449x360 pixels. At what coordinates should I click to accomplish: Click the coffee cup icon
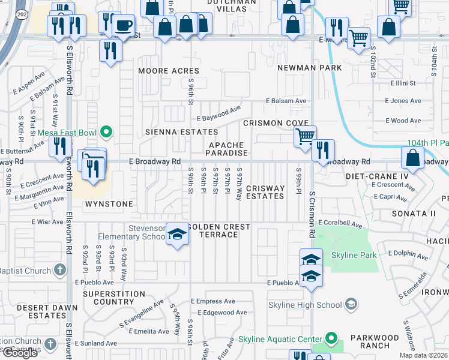pos(124,26)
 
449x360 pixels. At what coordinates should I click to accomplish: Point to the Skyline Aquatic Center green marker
pos(330,339)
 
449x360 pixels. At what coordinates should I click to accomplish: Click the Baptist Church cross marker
pos(59,271)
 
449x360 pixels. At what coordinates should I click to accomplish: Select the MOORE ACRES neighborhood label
pos(169,71)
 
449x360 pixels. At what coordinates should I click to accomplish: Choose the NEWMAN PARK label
pos(309,68)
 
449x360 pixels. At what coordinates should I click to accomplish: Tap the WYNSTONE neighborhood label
pos(109,204)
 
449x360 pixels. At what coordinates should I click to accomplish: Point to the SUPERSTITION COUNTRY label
pos(114,298)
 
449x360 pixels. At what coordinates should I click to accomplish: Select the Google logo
pos(19,352)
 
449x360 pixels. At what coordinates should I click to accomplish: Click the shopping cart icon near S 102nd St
pos(358,38)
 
